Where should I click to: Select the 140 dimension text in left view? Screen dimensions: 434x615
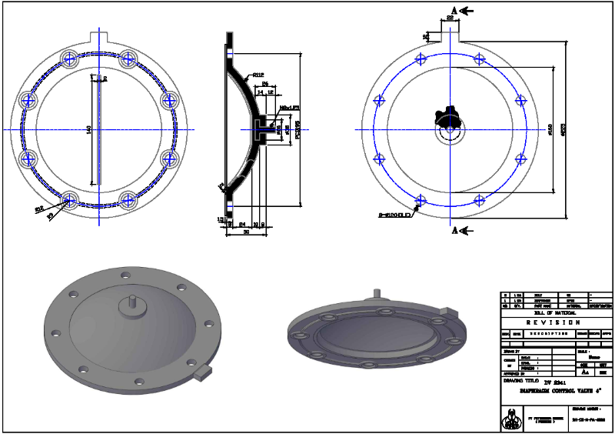tap(89, 130)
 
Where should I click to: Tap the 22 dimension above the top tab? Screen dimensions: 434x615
tap(450, 18)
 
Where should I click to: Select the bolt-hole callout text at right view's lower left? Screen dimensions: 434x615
tap(396, 214)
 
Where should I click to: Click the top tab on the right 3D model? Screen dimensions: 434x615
tap(376, 295)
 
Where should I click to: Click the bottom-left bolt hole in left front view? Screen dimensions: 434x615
tap(71, 199)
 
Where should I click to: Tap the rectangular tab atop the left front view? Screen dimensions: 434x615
tap(101, 37)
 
